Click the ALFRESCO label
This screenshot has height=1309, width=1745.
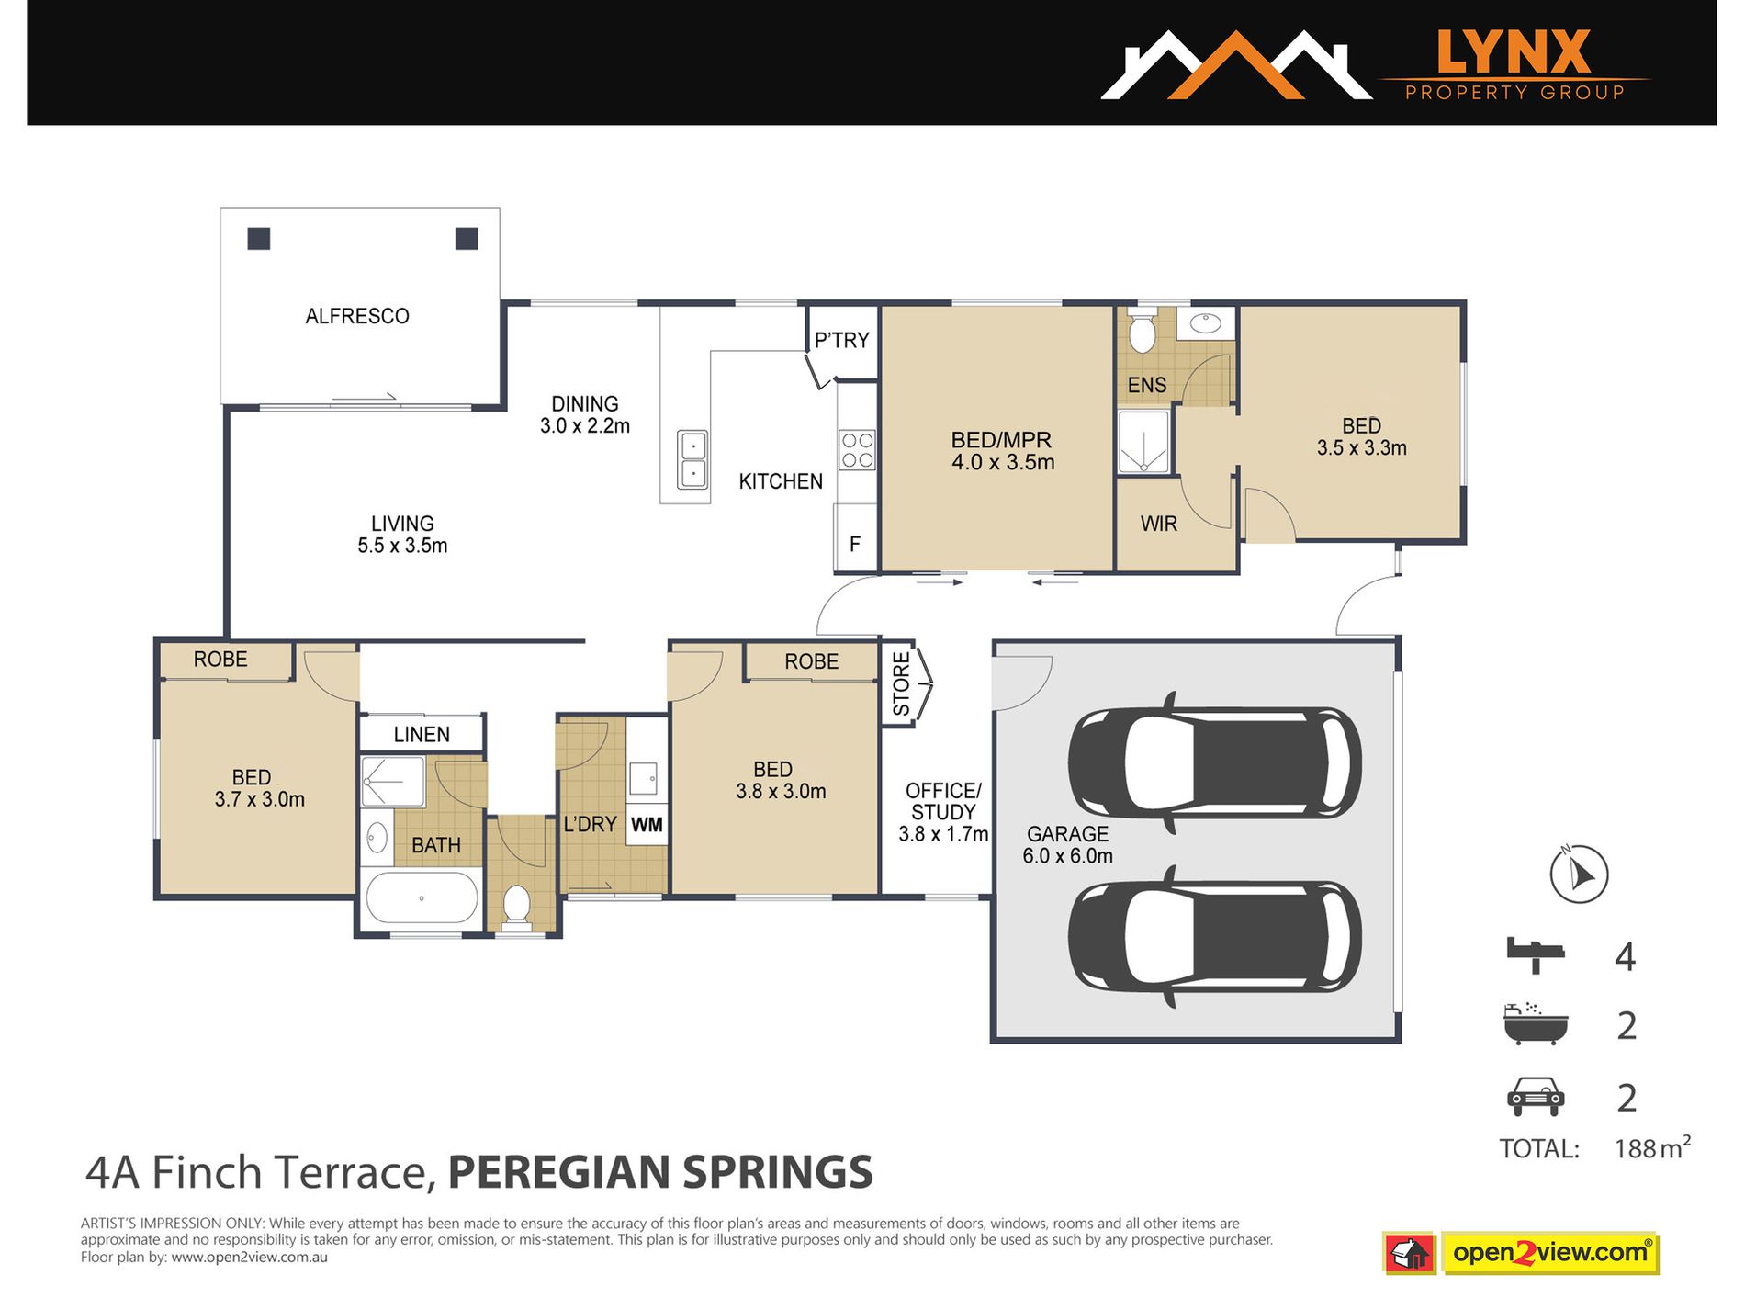[357, 316]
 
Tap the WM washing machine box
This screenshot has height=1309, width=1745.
[647, 825]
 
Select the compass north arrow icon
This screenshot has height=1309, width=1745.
[1579, 874]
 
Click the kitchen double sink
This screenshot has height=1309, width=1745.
[692, 460]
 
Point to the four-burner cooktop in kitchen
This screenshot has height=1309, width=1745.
[857, 450]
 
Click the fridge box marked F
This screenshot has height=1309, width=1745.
[855, 544]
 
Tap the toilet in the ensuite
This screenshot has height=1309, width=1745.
[1142, 333]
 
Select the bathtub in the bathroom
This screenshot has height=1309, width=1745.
[422, 897]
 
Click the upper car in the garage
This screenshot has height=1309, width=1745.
[1214, 762]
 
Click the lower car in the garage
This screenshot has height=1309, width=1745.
[1214, 936]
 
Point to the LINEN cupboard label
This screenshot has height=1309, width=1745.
[422, 735]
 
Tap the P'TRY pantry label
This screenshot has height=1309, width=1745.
[841, 341]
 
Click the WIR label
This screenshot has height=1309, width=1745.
[1158, 524]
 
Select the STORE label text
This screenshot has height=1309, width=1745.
[901, 684]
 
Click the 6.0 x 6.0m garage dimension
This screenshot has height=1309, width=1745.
[1067, 856]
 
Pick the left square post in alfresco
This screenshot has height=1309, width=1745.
[259, 239]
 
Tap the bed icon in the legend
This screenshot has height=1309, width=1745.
[1535, 955]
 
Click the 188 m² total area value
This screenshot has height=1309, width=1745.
[1651, 1148]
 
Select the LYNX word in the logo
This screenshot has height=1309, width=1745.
[1513, 52]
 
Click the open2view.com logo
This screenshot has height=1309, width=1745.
[1550, 1253]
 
